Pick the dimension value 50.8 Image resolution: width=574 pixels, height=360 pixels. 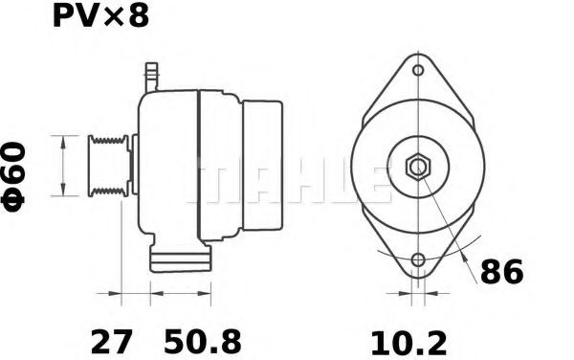pos(202,340)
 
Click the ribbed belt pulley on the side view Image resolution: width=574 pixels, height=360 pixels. pos(106,167)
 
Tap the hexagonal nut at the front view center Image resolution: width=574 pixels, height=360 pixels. pos(418,167)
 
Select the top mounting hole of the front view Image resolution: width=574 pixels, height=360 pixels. pos(418,71)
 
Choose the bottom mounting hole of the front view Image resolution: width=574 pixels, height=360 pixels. pos(418,260)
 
